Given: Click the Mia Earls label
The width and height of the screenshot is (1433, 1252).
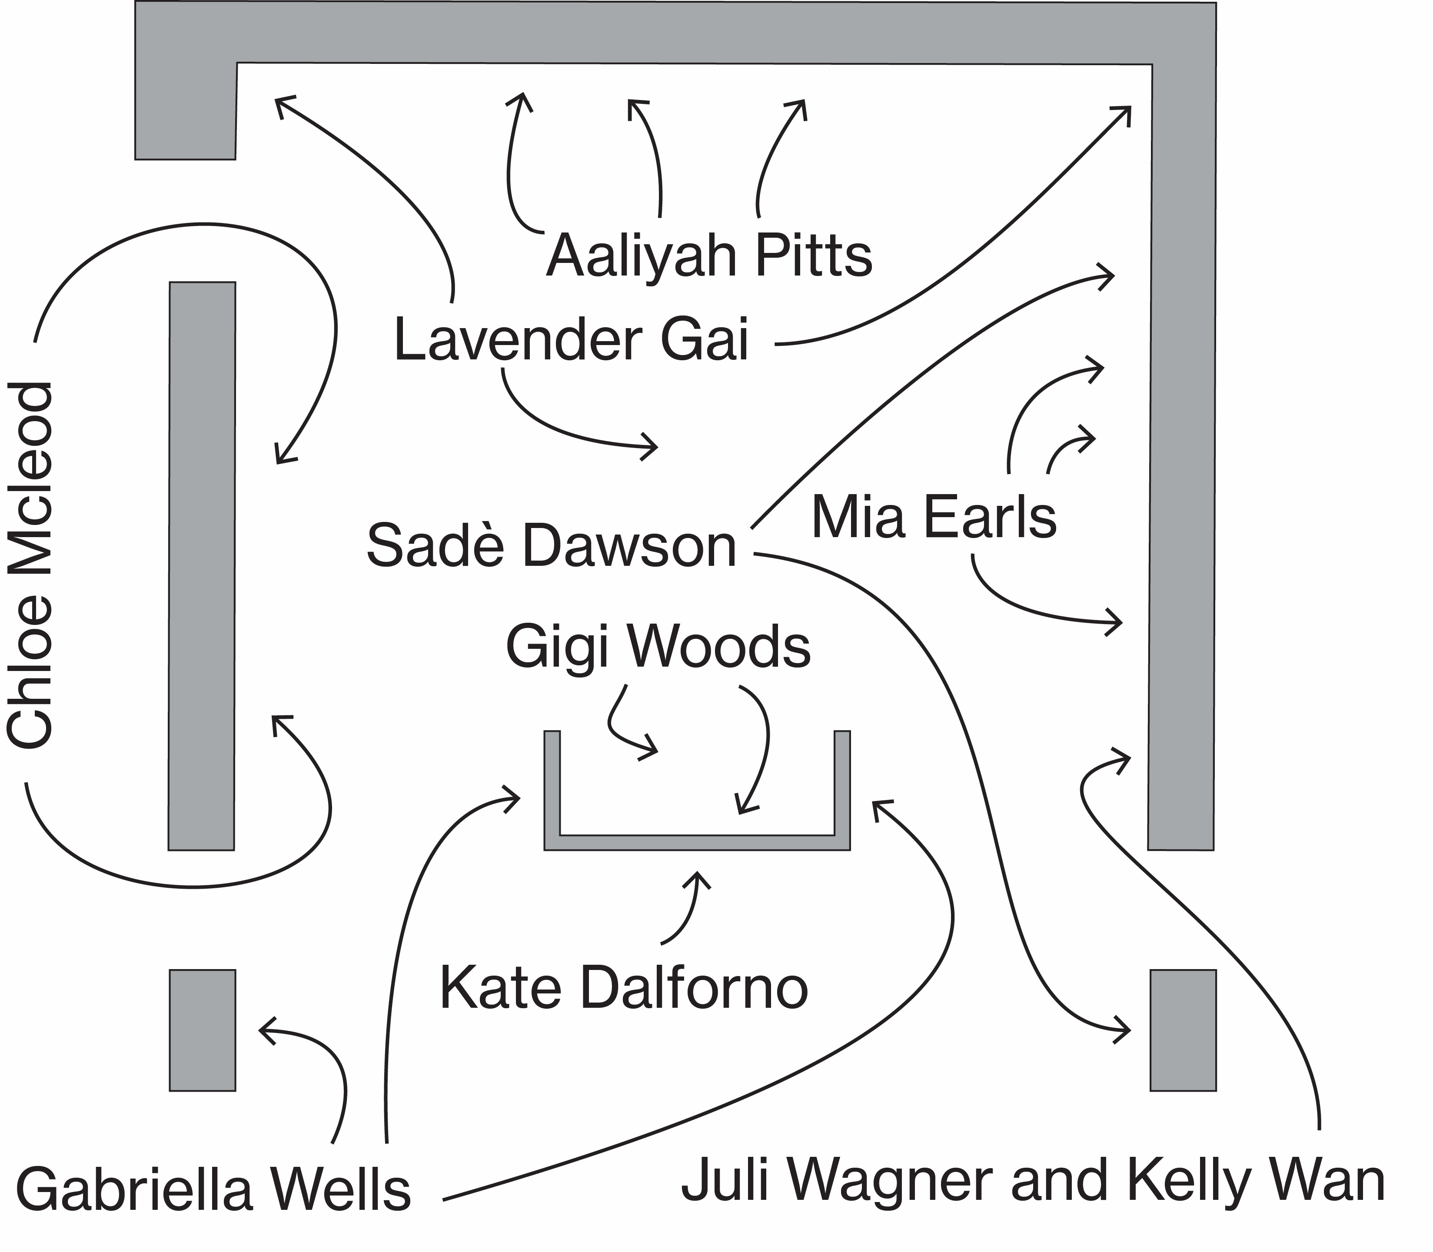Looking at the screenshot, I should coord(934,518).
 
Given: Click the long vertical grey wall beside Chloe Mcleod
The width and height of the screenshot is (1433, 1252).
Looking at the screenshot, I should coord(202,566).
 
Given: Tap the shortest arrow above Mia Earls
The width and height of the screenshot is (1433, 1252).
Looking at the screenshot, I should coord(1069,451).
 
